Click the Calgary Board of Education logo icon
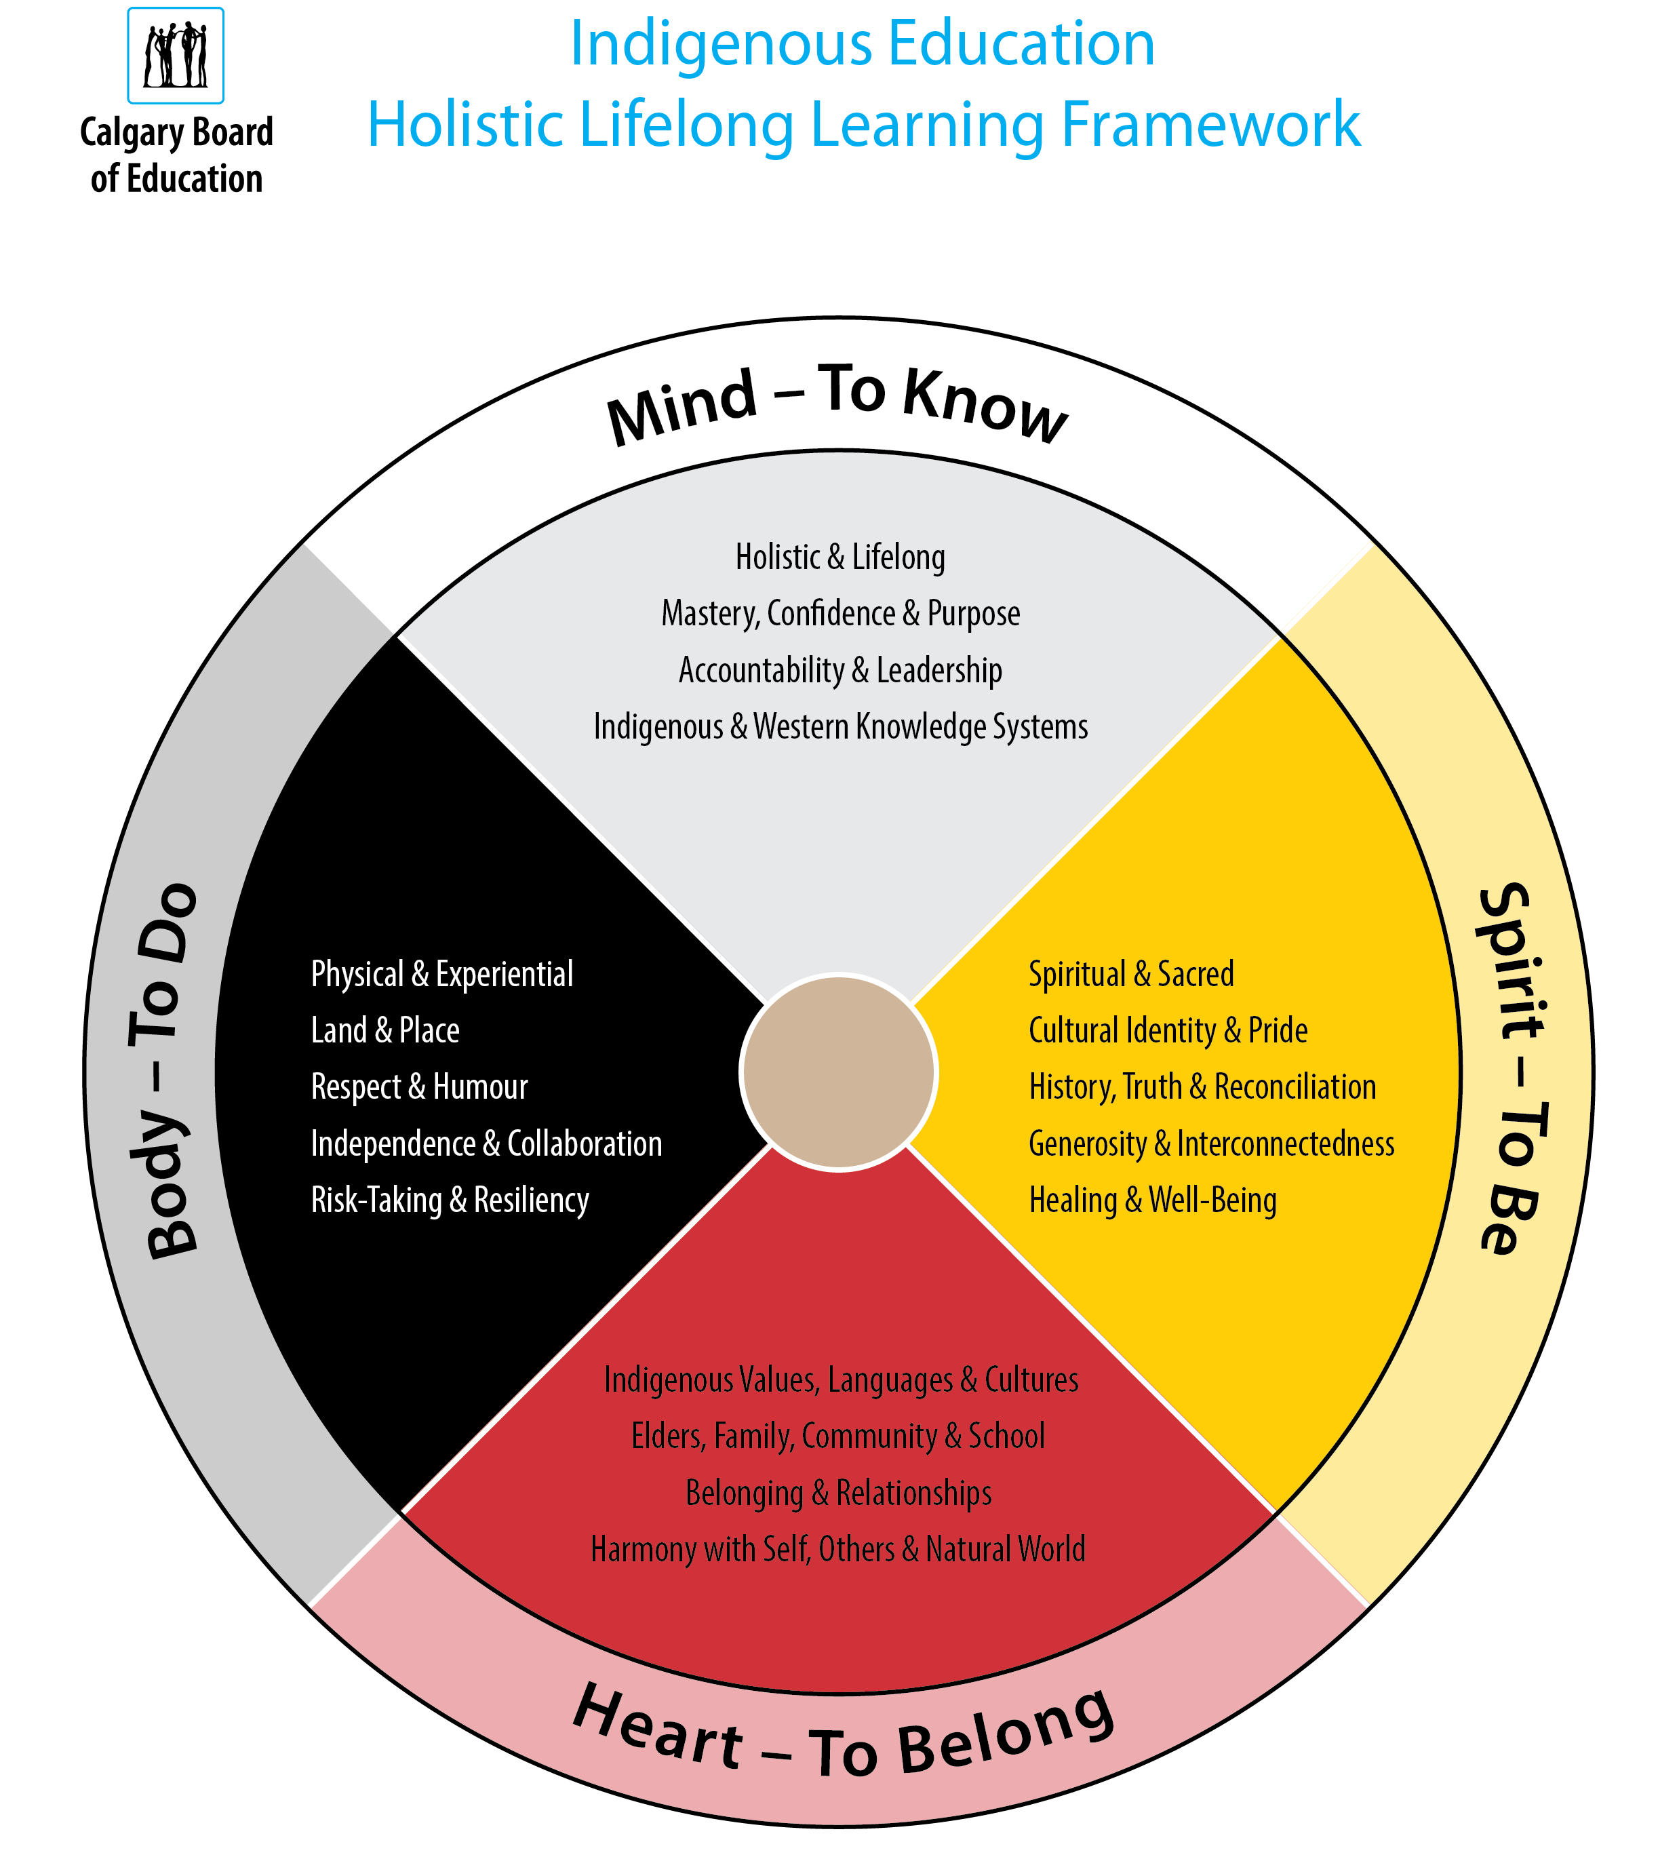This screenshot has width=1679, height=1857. pyautogui.click(x=175, y=55)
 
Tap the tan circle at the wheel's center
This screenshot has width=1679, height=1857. pyautogui.click(x=838, y=1072)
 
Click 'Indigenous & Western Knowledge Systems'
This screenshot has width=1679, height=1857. pyautogui.click(x=840, y=727)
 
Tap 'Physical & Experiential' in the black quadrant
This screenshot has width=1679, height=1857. pyautogui.click(x=442, y=974)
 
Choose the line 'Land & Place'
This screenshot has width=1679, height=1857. pyautogui.click(x=385, y=1030)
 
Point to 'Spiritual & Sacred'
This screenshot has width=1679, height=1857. pyautogui.click(x=1131, y=974)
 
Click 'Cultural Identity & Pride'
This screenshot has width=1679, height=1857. pyautogui.click(x=1168, y=1030)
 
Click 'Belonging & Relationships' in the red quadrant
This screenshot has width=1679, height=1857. pyautogui.click(x=838, y=1492)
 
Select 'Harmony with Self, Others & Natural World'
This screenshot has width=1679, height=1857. pyautogui.click(x=838, y=1549)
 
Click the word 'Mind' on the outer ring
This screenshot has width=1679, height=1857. pyautogui.click(x=682, y=406)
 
